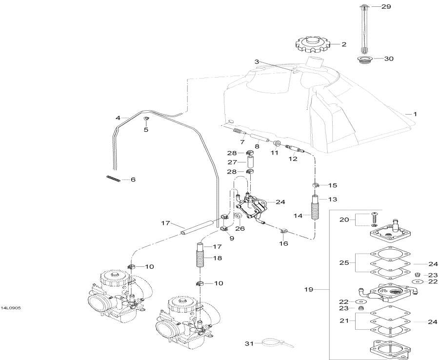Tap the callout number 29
tap(386, 7)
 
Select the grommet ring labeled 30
tap(363, 60)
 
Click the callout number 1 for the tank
tap(415, 114)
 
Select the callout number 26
tap(239, 228)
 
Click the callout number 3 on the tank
tap(257, 61)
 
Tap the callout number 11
tap(274, 153)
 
